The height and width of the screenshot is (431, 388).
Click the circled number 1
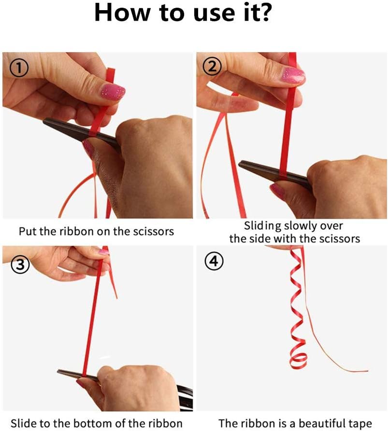click(x=19, y=69)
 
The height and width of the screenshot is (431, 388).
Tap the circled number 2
click(x=212, y=67)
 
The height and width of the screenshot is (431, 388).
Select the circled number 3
click(x=20, y=264)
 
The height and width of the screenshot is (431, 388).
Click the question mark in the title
click(x=264, y=13)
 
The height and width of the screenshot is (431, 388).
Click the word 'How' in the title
click(x=122, y=13)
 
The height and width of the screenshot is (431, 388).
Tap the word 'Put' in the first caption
click(x=28, y=231)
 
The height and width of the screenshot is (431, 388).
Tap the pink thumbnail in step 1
click(x=113, y=92)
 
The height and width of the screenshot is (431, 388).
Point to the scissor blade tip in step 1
click(x=43, y=121)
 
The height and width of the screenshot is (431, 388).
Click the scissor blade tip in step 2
click(x=239, y=164)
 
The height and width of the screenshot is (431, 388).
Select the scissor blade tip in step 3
click(x=58, y=372)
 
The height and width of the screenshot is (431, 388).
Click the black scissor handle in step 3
click(x=185, y=397)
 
